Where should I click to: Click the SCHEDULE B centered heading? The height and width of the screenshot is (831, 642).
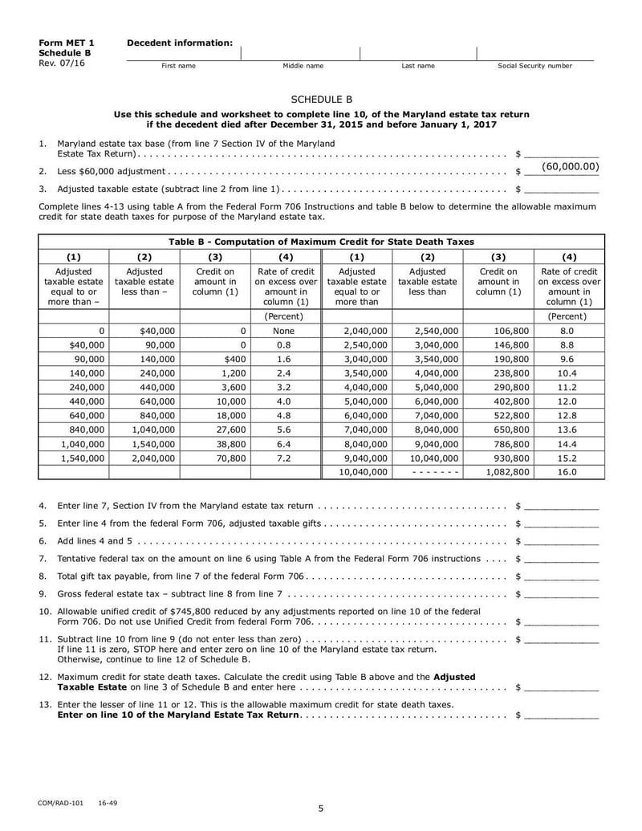click(321, 100)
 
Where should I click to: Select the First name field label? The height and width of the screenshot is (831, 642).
click(178, 66)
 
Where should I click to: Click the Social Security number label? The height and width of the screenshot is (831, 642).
click(535, 66)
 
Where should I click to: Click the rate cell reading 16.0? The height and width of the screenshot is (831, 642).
click(567, 472)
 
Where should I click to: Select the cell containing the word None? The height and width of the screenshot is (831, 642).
click(285, 330)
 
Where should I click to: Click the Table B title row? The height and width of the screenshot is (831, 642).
click(321, 241)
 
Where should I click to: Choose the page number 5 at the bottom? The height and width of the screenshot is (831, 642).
click(320, 809)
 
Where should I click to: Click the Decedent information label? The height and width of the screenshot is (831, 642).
click(180, 43)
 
